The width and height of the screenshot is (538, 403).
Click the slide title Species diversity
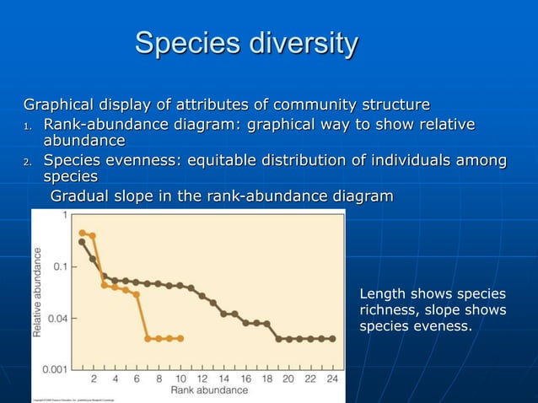click(x=246, y=43)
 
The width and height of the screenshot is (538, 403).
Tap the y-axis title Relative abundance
click(x=38, y=292)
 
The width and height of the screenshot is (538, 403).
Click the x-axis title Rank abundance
click(x=209, y=390)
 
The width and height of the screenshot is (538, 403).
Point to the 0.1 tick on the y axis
click(x=59, y=266)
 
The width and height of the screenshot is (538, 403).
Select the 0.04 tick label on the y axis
click(x=56, y=318)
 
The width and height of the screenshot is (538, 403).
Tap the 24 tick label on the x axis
click(x=332, y=379)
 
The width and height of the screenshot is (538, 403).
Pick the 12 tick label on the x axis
click(x=202, y=379)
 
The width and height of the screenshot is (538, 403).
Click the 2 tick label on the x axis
click(x=93, y=379)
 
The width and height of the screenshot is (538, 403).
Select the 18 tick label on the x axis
click(x=267, y=379)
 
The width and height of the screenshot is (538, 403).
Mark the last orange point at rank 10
click(x=180, y=338)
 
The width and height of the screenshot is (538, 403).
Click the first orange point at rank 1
click(x=82, y=233)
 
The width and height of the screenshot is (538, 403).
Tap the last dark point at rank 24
click(x=332, y=338)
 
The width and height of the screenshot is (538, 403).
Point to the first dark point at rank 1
click(x=82, y=242)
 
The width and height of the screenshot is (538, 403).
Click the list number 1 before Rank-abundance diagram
click(x=27, y=127)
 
